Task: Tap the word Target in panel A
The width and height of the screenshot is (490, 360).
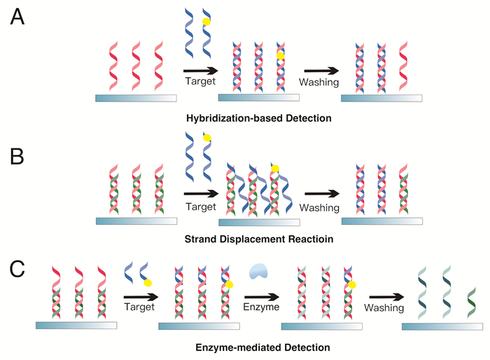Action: coord(199,82)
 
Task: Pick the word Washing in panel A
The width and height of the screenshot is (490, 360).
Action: coord(318,82)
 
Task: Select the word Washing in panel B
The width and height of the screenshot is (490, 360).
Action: coord(319,208)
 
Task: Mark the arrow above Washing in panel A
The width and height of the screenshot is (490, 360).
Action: coord(318,69)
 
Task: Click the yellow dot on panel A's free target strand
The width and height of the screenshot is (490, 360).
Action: coord(206,22)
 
